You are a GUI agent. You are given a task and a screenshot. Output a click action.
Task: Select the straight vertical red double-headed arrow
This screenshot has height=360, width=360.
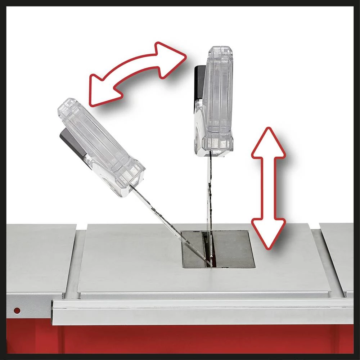pyautogui.click(x=268, y=187)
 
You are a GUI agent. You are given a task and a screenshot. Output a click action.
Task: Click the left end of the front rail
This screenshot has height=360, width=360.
pyautogui.click(x=56, y=312)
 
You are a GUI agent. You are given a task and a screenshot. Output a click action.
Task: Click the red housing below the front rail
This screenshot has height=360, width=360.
pyautogui.click(x=202, y=340)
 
